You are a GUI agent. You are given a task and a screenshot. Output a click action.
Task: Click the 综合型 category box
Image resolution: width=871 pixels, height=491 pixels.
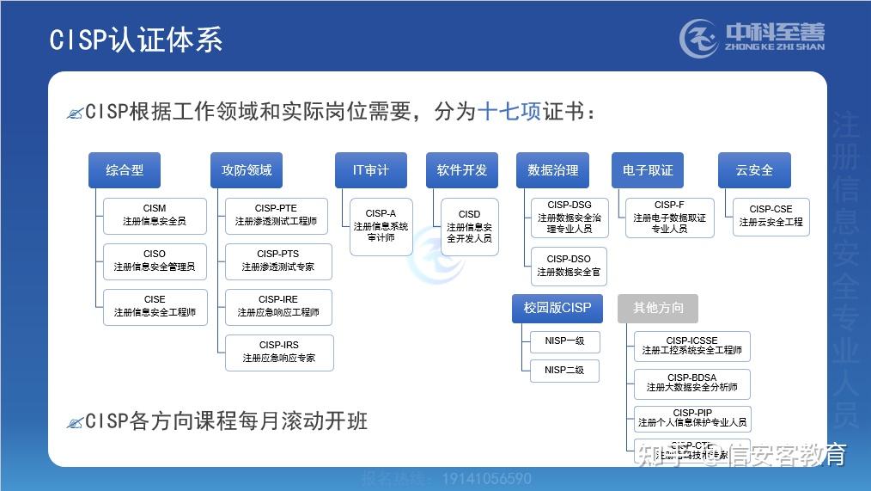[x=125, y=170]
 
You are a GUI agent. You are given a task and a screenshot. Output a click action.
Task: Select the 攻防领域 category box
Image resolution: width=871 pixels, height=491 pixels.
[x=247, y=170]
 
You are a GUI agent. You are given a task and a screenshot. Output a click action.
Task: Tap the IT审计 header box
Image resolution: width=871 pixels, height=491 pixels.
[x=370, y=170]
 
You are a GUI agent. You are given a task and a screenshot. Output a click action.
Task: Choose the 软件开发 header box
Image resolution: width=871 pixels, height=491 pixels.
[x=461, y=170]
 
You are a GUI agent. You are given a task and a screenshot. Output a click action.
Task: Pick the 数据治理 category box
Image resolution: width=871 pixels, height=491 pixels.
[x=552, y=170]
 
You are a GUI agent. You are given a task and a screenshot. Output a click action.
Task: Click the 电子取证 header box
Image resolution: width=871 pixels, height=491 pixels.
[x=647, y=170]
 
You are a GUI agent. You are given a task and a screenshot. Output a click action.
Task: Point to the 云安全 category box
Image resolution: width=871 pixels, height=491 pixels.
[x=753, y=170]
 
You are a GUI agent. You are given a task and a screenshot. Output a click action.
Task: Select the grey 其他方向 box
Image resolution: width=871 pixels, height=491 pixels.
[x=657, y=308]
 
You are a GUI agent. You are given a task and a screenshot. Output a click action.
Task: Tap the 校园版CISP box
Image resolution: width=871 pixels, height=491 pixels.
[x=557, y=308]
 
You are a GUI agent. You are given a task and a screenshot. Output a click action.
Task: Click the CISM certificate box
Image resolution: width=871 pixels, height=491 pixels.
[x=155, y=215]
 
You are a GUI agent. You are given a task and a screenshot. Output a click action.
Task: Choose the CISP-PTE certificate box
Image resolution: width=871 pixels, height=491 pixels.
[x=276, y=215]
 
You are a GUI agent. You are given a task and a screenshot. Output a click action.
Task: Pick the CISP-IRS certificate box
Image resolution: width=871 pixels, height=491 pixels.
[x=278, y=352]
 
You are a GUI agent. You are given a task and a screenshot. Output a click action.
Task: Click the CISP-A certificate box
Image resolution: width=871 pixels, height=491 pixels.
[x=381, y=226]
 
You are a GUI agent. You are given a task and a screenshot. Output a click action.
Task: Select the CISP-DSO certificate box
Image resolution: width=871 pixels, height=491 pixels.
[x=569, y=266]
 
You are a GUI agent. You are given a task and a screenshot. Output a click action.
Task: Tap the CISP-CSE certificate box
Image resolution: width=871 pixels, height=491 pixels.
[x=770, y=216]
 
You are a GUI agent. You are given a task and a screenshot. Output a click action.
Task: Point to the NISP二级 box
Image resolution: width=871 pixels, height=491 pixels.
[x=564, y=371]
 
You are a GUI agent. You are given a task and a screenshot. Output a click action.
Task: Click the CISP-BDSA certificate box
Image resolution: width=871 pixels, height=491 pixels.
[x=691, y=383]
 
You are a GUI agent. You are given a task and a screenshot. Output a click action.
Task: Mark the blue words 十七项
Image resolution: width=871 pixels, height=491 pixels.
[x=509, y=113]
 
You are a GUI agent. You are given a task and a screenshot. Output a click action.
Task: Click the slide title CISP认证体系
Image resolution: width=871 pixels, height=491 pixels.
[x=136, y=40]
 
